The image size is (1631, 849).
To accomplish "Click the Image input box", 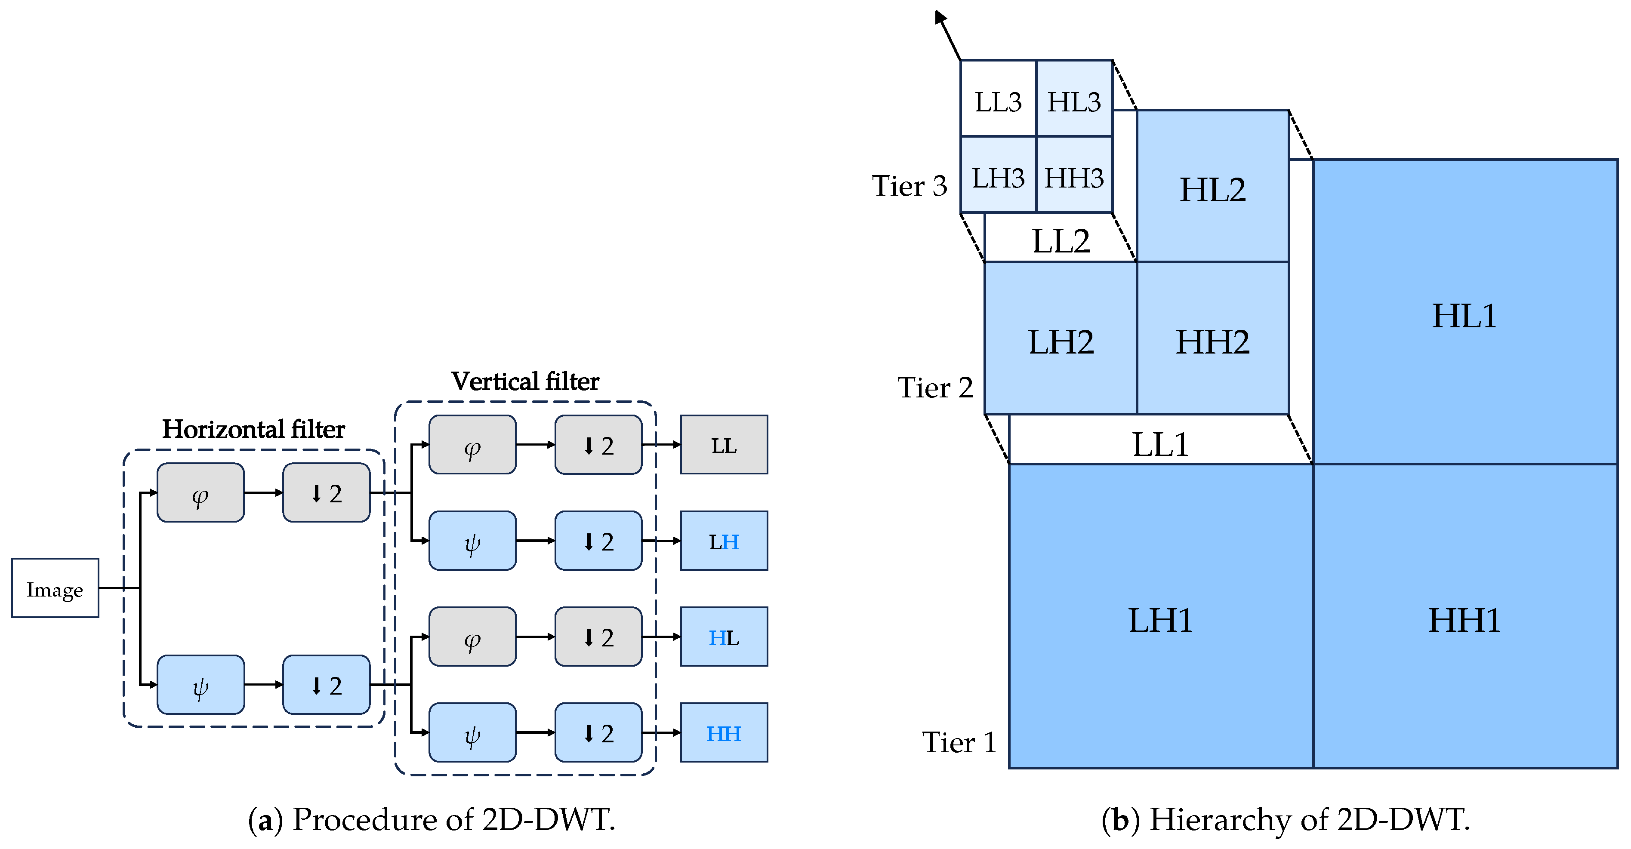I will pyautogui.click(x=55, y=589).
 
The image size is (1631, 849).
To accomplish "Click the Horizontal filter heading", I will pyautogui.click(x=253, y=429).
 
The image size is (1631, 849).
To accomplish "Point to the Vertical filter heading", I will pyautogui.click(x=525, y=382).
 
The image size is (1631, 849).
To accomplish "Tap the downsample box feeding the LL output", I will pyautogui.click(x=598, y=445).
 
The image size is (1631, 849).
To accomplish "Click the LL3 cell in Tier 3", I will pyautogui.click(x=998, y=99).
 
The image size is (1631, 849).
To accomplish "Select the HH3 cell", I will pyautogui.click(x=1074, y=176).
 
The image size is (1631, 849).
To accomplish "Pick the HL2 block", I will pyautogui.click(x=1212, y=187).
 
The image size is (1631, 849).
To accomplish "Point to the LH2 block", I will pyautogui.click(x=1061, y=339).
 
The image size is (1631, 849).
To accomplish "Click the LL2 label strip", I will pyautogui.click(x=1061, y=239).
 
